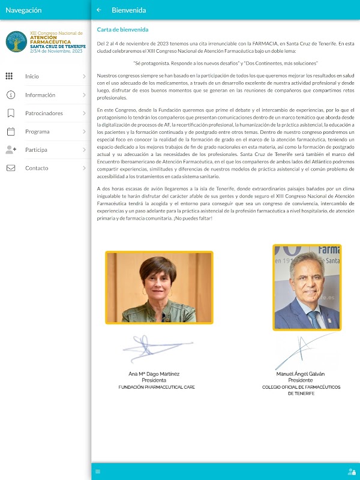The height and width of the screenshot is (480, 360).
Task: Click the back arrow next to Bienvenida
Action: click(99, 10)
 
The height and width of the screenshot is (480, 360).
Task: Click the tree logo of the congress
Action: click(16, 41)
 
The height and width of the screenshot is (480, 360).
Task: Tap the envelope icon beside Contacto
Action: click(10, 168)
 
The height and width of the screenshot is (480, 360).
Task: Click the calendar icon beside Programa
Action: click(10, 131)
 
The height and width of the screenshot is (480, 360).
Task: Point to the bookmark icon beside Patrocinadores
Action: click(10, 113)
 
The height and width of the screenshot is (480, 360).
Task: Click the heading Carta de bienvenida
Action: click(123, 29)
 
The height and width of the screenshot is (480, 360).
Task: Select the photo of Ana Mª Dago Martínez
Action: click(159, 287)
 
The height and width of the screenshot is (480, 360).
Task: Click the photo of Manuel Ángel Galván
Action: click(307, 287)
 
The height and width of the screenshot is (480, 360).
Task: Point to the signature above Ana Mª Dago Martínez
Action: click(155, 351)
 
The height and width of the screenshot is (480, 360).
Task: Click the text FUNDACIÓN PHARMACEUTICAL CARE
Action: click(157, 388)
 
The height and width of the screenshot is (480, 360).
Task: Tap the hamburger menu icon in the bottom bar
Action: click(98, 471)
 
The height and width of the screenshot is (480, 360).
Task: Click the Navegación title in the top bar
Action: click(23, 10)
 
